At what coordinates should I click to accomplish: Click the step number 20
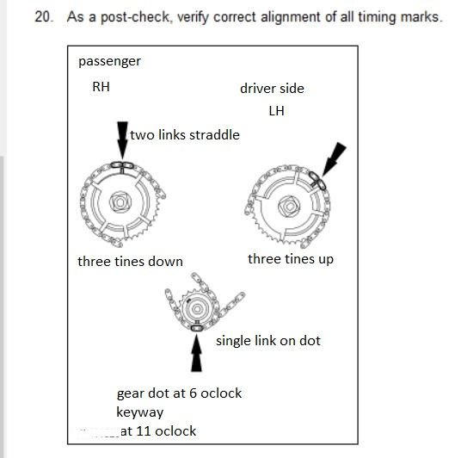click(43, 17)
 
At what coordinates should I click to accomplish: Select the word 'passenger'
click(109, 61)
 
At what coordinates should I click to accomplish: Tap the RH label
click(101, 87)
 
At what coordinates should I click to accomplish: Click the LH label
click(276, 111)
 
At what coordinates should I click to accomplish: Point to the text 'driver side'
click(272, 89)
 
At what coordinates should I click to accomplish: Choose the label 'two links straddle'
click(184, 134)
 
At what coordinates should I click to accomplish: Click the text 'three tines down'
click(130, 262)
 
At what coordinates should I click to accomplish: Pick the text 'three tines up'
click(291, 259)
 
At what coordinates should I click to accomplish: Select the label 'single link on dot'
click(267, 341)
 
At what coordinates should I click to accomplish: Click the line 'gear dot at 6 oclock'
click(179, 393)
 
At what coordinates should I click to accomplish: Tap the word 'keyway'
click(140, 412)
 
